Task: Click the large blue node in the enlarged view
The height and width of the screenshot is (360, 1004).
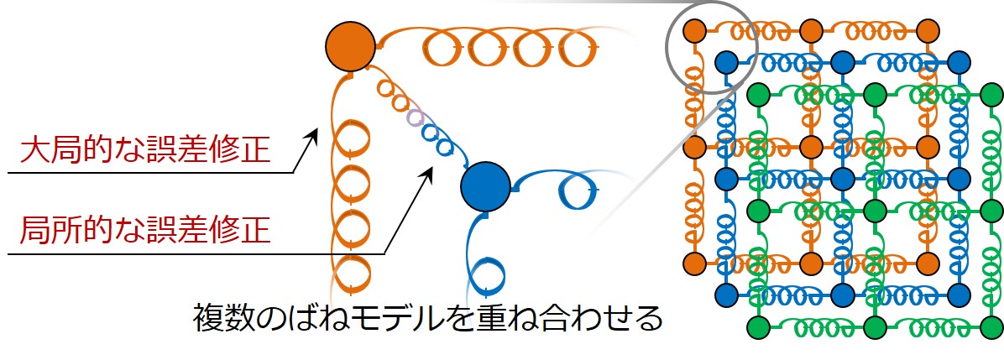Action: point(485,188)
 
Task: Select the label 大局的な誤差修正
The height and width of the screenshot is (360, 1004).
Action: point(145,151)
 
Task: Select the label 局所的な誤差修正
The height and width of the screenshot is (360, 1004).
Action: point(145,229)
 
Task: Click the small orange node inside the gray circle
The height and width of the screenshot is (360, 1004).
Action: point(695,30)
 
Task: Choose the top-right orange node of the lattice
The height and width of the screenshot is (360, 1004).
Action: point(927,30)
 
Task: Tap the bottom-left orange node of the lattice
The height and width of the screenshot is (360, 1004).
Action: point(695,262)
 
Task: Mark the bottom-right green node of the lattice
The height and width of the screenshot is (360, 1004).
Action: point(991,326)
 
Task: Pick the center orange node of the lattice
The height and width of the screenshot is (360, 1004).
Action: point(811,147)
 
